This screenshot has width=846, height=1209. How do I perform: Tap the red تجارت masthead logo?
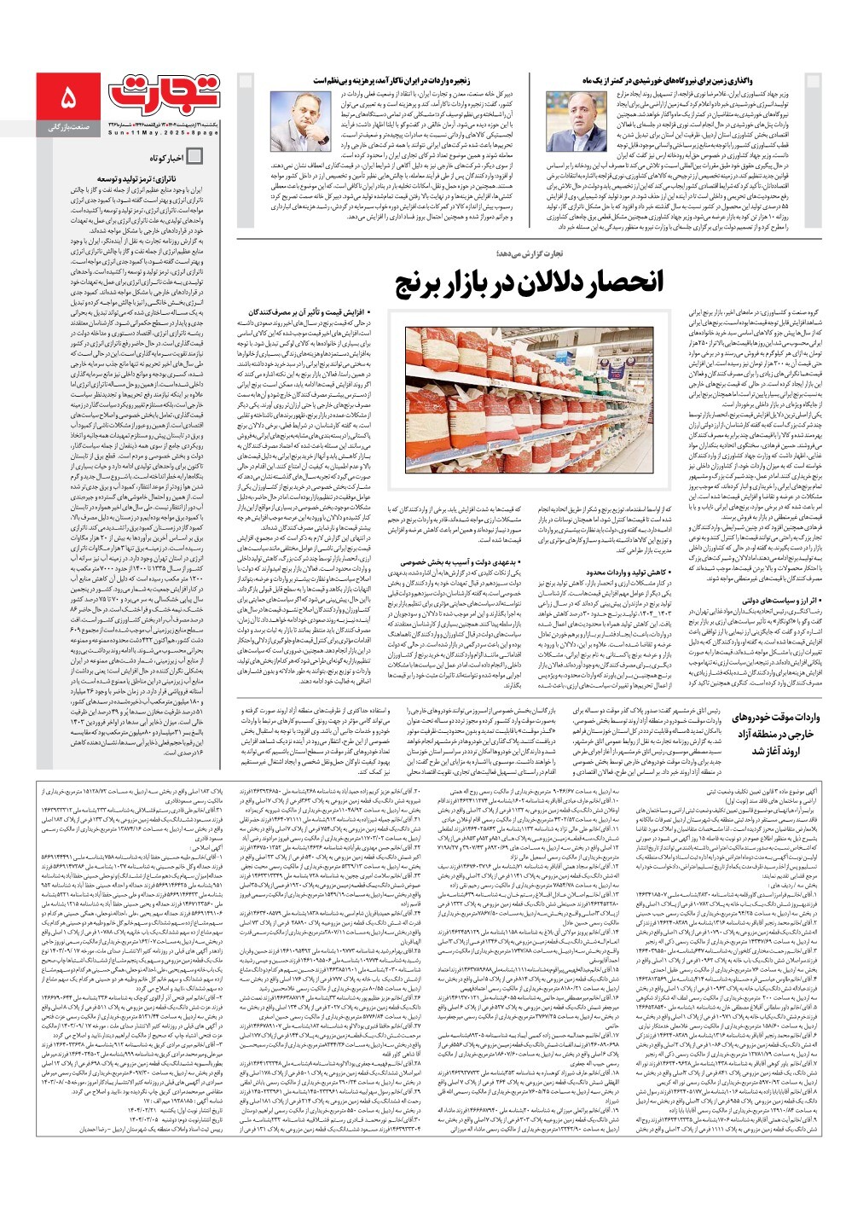(x=168, y=91)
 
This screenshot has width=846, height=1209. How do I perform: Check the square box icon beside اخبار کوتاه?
(x=194, y=157)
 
